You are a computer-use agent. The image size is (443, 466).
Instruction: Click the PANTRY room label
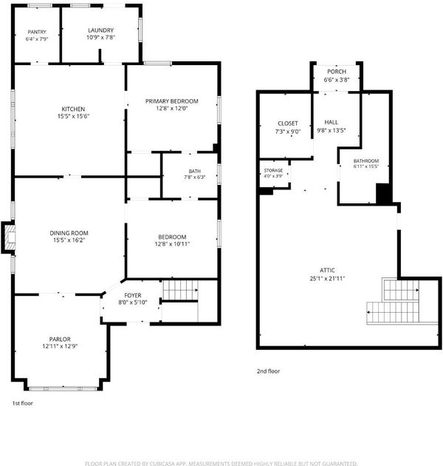[x=37, y=32]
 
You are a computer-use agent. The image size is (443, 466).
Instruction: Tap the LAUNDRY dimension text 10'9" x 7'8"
[x=101, y=38]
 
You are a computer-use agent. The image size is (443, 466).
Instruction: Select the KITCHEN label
[x=73, y=109]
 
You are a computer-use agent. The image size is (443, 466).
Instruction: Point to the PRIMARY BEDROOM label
[x=172, y=101]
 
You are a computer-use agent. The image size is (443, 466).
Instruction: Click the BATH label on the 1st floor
[x=195, y=171]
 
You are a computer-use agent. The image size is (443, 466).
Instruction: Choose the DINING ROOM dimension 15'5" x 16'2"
[x=69, y=240]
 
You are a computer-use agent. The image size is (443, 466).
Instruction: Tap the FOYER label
[x=133, y=295]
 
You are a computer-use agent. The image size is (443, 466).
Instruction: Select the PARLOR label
[x=60, y=339]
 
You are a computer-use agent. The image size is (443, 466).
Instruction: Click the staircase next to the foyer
[x=180, y=290]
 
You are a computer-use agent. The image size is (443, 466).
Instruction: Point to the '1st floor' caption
[x=23, y=403]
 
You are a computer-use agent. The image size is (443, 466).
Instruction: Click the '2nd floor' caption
[x=268, y=371]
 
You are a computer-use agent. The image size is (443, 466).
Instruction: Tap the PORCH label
[x=337, y=72]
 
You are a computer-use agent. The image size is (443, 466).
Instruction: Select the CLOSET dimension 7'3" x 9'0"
[x=288, y=132]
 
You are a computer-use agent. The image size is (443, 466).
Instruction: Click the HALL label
[x=331, y=122]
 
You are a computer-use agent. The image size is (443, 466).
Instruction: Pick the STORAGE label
[x=273, y=170]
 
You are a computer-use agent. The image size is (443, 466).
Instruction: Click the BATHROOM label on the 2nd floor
[x=366, y=161]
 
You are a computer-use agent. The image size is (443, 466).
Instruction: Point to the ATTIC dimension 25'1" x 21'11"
[x=327, y=278]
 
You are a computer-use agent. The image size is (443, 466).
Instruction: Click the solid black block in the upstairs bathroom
[x=383, y=194]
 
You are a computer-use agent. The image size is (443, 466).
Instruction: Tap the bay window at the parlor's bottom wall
[x=63, y=388]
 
